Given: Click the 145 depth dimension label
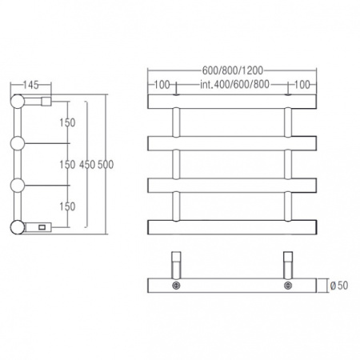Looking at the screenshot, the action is click(31, 85).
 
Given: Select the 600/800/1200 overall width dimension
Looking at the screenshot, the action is click(233, 70).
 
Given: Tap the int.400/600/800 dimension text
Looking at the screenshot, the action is click(234, 84).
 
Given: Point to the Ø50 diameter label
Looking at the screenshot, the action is click(339, 286).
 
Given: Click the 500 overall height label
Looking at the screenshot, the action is click(106, 165).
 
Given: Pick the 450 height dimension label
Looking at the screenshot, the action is click(87, 165).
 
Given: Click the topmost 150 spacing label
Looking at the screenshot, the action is click(67, 122).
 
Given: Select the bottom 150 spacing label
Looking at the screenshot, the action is click(67, 206).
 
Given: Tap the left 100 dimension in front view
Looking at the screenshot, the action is click(162, 85).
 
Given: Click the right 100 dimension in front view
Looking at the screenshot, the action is click(302, 85).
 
